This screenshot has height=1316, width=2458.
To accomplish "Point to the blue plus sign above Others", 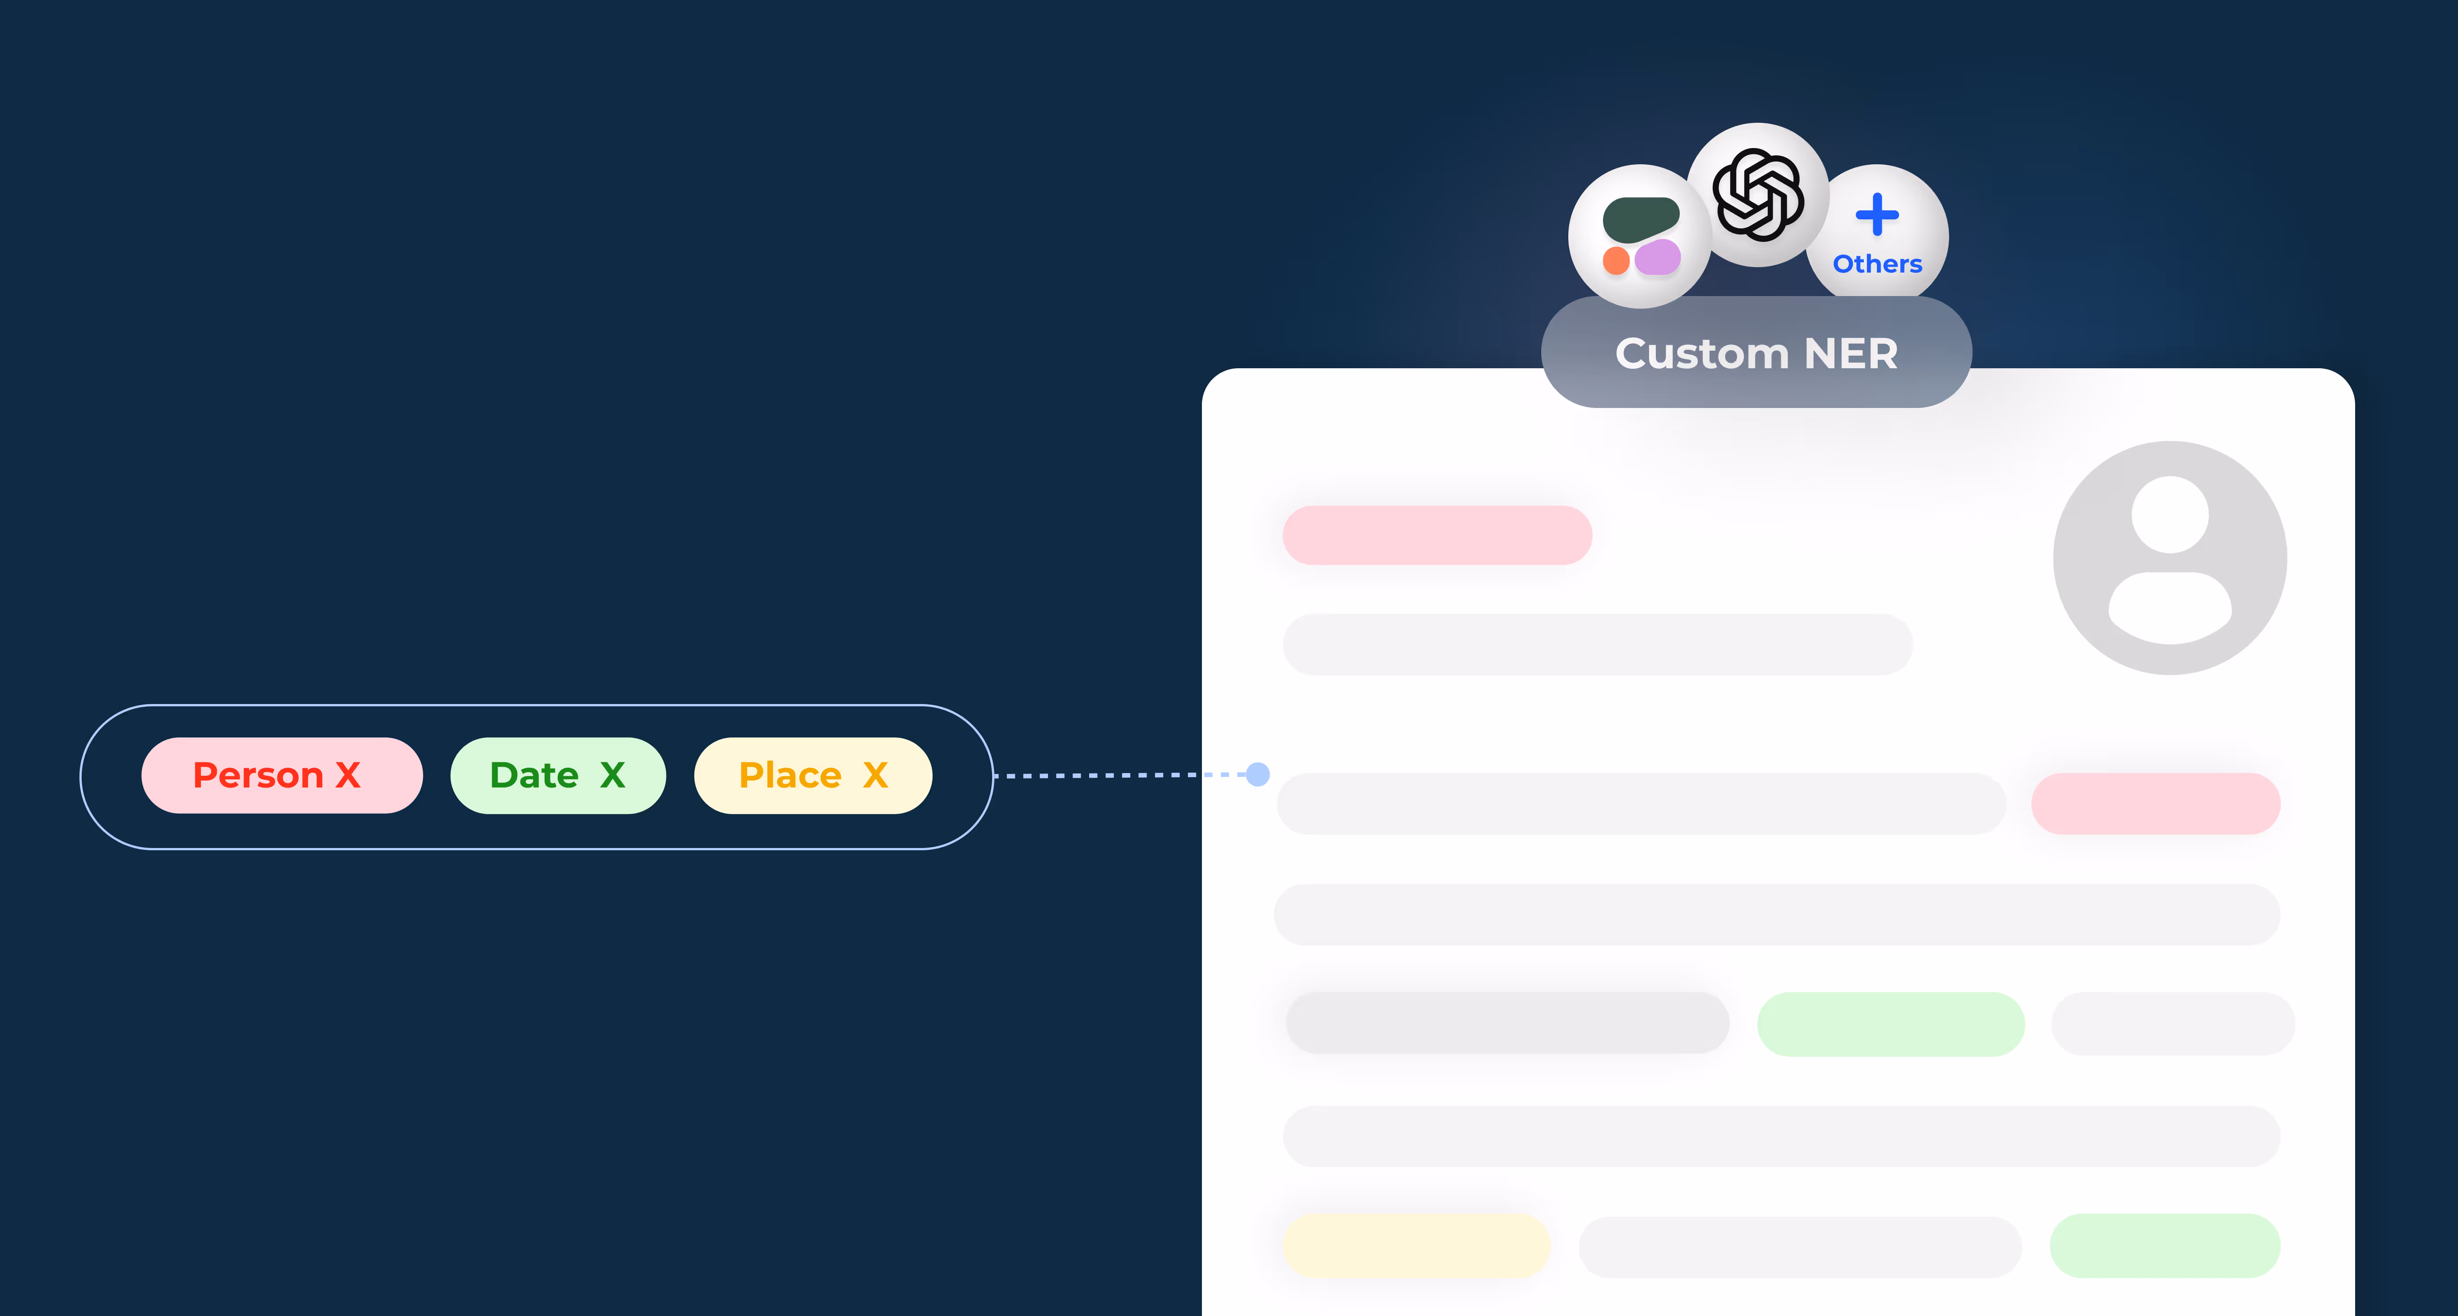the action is point(1877,215).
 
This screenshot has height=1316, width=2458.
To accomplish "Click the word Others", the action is point(1877,264).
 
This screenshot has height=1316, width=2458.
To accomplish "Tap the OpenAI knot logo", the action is point(1758,195).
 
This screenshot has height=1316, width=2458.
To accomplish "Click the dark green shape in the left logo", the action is point(1640,218).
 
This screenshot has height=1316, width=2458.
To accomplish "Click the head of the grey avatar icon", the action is point(2170,514).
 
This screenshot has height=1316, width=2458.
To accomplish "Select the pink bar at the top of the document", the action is point(1437,535).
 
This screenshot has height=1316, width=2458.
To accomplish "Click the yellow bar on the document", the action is point(1416,1246).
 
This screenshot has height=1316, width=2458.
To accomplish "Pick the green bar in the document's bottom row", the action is point(2164,1246).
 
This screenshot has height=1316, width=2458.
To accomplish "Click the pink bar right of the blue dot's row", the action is point(2156,803).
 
